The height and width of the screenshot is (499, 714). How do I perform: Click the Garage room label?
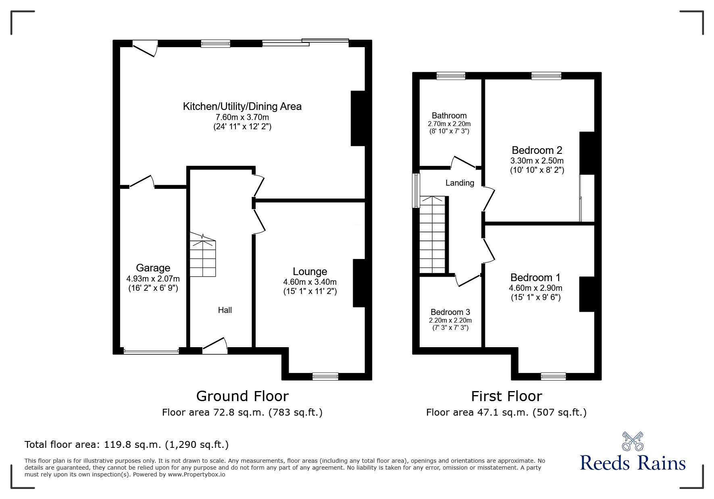153,268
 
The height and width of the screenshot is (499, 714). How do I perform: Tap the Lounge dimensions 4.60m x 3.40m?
310,282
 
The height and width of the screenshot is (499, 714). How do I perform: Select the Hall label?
225,310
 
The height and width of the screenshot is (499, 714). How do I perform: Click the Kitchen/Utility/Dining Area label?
242,106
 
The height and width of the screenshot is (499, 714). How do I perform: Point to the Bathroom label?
449,116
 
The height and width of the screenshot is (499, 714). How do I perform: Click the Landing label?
460,183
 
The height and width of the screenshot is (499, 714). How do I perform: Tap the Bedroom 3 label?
450,312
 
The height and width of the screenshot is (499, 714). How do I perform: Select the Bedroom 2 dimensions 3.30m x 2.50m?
537,161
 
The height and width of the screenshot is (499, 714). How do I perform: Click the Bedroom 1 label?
535,277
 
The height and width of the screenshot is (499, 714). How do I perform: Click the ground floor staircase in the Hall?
203,256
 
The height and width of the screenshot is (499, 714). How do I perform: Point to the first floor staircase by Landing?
433,236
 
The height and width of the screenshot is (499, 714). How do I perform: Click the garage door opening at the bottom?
151,352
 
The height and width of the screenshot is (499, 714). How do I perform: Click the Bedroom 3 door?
467,281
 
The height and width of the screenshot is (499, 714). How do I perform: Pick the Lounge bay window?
325,377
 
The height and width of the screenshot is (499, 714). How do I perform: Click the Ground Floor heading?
242,396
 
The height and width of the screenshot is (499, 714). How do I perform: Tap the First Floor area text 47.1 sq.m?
506,412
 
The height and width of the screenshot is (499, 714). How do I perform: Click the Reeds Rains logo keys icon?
633,441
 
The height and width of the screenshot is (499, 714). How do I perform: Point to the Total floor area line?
127,445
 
